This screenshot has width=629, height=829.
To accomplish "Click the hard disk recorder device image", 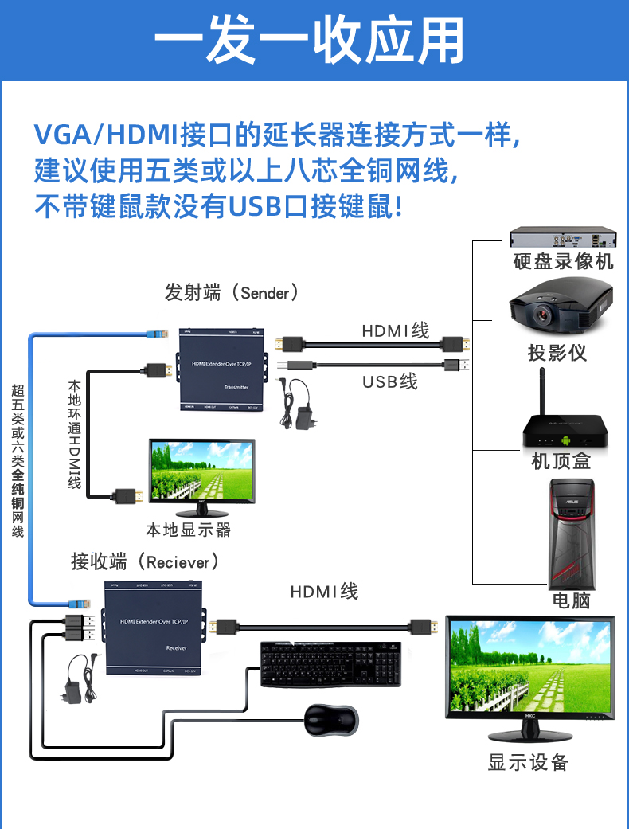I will [x=563, y=237].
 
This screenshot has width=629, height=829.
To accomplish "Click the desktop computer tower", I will [x=571, y=534].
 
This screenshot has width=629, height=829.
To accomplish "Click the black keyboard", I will [x=330, y=663].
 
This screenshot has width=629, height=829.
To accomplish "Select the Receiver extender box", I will [x=155, y=628].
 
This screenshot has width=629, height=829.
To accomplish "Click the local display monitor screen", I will [x=202, y=471].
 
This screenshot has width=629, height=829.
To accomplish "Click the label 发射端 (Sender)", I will [x=231, y=292].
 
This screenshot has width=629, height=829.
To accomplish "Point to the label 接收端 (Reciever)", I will [x=144, y=562].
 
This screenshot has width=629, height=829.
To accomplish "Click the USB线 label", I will [x=389, y=381].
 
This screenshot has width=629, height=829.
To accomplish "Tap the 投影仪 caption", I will [x=557, y=352].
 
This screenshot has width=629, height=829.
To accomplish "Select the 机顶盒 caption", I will [x=561, y=460].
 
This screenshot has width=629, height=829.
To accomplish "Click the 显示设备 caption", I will [x=528, y=763].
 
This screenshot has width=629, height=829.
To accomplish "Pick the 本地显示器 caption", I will [x=188, y=529].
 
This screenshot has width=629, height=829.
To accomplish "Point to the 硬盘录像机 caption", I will [x=563, y=261].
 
